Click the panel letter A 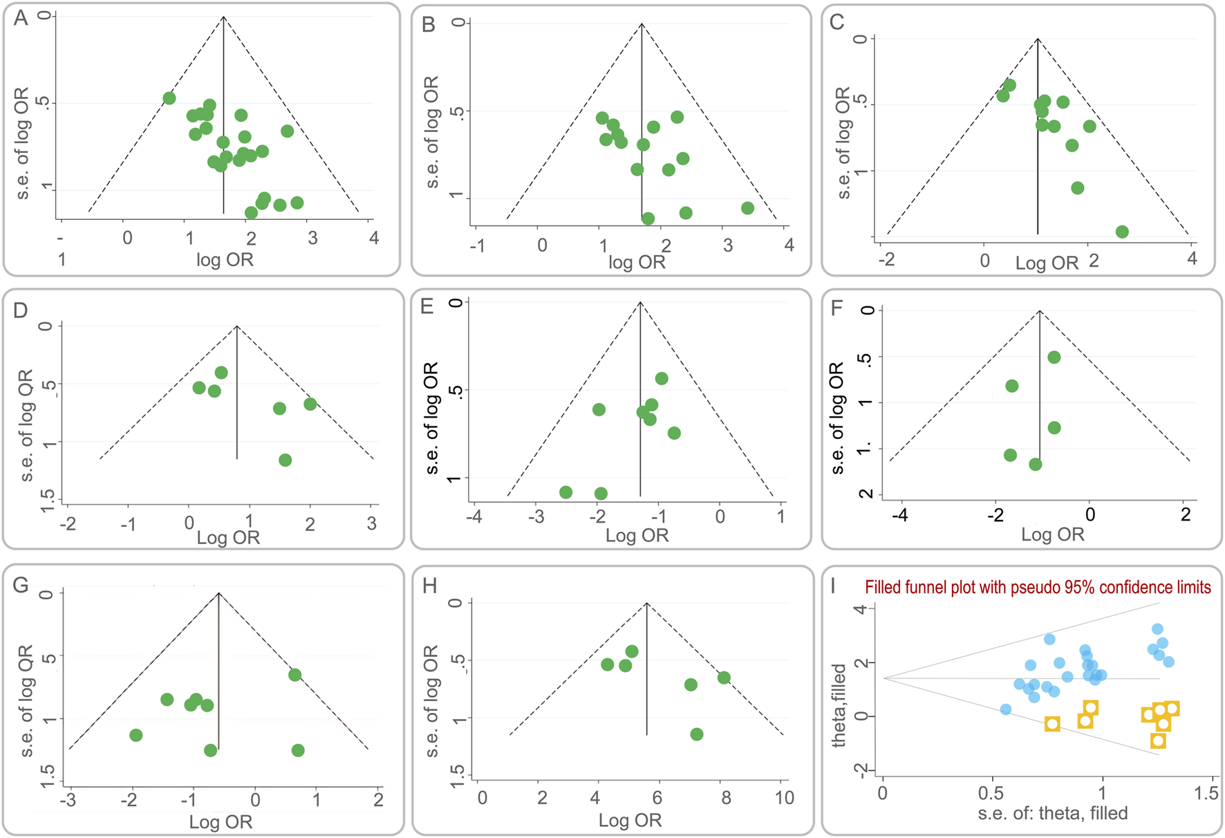pos(21,18)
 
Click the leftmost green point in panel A pos(169,98)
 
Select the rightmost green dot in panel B pos(747,208)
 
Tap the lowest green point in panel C pos(1122,232)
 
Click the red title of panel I pos(1038,588)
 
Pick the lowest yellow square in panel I pos(1158,741)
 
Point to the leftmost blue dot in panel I pos(1006,709)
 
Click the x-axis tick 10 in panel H pos(784,798)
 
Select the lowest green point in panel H pos(697,734)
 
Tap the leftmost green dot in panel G pos(136,735)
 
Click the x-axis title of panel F pos(1052,534)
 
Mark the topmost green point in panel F pos(1054,357)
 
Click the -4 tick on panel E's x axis pos(474,516)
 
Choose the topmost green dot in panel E pos(662,378)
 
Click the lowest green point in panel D pos(285,460)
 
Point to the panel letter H pos(430,586)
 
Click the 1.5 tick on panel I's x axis pos(1206,794)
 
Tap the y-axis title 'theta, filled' pos(839,705)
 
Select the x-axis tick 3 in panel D pos(372,523)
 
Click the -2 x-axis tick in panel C pos(886,260)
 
